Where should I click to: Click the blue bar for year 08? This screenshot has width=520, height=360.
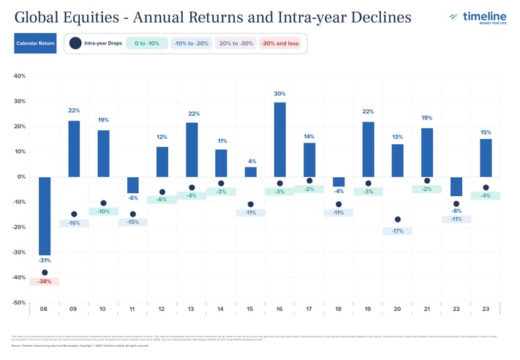pyautogui.click(x=45, y=216)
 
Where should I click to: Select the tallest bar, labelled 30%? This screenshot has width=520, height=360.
pyautogui.click(x=279, y=139)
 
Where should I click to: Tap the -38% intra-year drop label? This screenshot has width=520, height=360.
pyautogui.click(x=45, y=281)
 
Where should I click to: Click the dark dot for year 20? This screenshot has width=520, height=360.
pyautogui.click(x=398, y=220)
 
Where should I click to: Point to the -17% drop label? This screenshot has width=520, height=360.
pyautogui.click(x=398, y=231)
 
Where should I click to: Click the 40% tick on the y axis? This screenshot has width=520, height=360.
pyautogui.click(x=20, y=75)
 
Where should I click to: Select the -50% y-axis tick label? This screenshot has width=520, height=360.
pyautogui.click(x=18, y=302)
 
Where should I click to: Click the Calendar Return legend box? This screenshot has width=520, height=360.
pyautogui.click(x=34, y=44)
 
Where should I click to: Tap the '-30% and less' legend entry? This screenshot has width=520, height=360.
pyautogui.click(x=282, y=44)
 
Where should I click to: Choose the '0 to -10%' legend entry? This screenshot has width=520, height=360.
pyautogui.click(x=146, y=44)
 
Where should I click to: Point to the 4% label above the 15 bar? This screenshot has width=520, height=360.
pyautogui.click(x=250, y=161)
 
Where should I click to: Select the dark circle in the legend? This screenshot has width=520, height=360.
pyautogui.click(x=75, y=44)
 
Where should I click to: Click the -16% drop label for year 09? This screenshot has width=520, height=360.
pyautogui.click(x=74, y=222)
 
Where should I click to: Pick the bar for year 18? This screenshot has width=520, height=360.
pyautogui.click(x=339, y=182)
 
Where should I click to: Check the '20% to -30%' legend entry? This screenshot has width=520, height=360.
pyautogui.click(x=236, y=44)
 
